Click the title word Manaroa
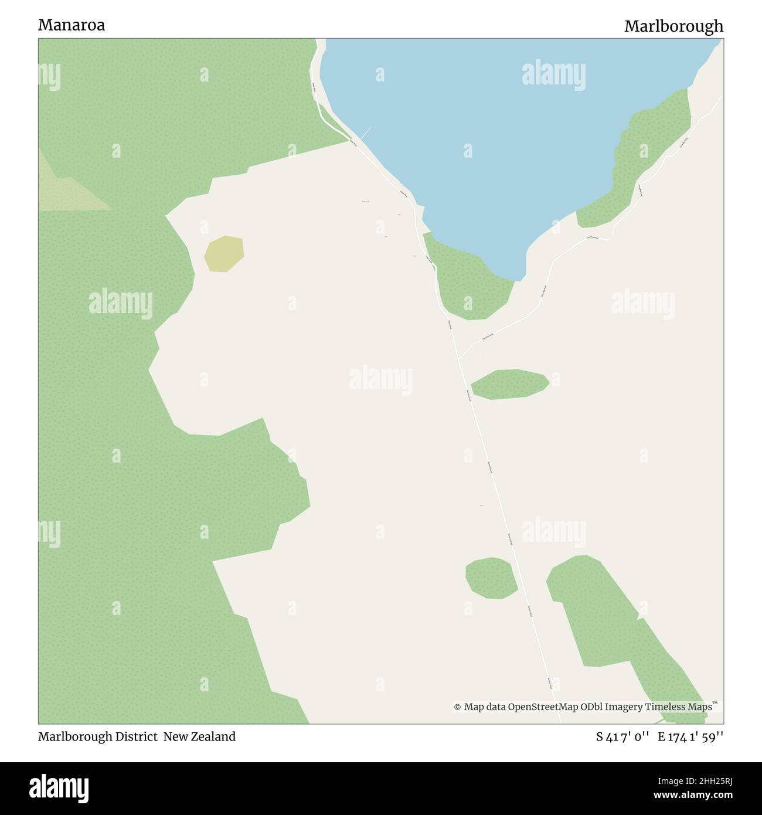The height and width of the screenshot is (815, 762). [x=72, y=25]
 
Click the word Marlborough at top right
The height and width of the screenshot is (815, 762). [x=673, y=26]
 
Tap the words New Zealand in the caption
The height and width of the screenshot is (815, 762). [x=199, y=736]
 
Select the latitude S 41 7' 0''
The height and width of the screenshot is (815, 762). [x=622, y=737]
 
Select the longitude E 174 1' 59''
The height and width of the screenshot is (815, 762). [x=690, y=737]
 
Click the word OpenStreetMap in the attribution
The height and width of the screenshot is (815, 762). [x=543, y=707]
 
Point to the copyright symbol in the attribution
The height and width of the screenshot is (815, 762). [x=457, y=707]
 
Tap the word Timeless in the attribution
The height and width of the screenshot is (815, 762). [x=667, y=707]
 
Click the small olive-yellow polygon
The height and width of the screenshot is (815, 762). [x=224, y=253]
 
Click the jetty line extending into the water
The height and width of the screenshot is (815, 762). [x=365, y=134]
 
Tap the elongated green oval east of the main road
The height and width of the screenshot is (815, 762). [x=509, y=384]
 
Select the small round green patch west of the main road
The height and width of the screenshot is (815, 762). [x=491, y=578]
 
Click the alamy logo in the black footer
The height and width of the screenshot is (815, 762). [x=59, y=788]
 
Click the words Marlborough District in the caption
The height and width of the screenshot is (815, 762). [x=98, y=736]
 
